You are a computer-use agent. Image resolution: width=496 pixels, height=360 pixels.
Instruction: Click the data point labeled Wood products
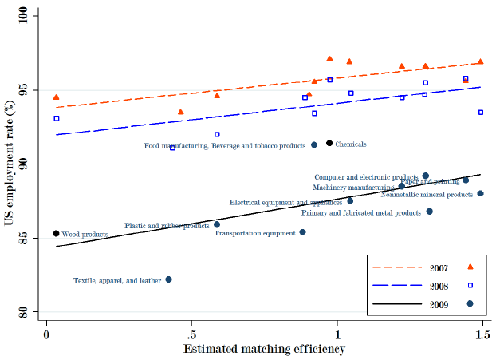(x=56, y=234)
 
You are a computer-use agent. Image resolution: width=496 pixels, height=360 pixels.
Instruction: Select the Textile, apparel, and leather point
(x=168, y=279)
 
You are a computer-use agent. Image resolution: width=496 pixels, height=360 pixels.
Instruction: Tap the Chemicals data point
(x=329, y=144)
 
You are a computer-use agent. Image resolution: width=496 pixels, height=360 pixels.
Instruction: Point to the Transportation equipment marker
(x=302, y=232)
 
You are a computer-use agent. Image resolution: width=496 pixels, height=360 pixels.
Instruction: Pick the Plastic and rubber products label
(x=167, y=226)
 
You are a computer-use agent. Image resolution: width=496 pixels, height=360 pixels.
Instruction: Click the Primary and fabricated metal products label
(x=360, y=213)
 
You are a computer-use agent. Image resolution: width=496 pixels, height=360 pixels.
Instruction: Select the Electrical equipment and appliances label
(x=285, y=203)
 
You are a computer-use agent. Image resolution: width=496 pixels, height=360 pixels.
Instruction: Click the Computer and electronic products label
(x=366, y=176)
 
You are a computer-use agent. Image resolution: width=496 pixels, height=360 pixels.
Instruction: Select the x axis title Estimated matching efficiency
(x=264, y=348)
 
